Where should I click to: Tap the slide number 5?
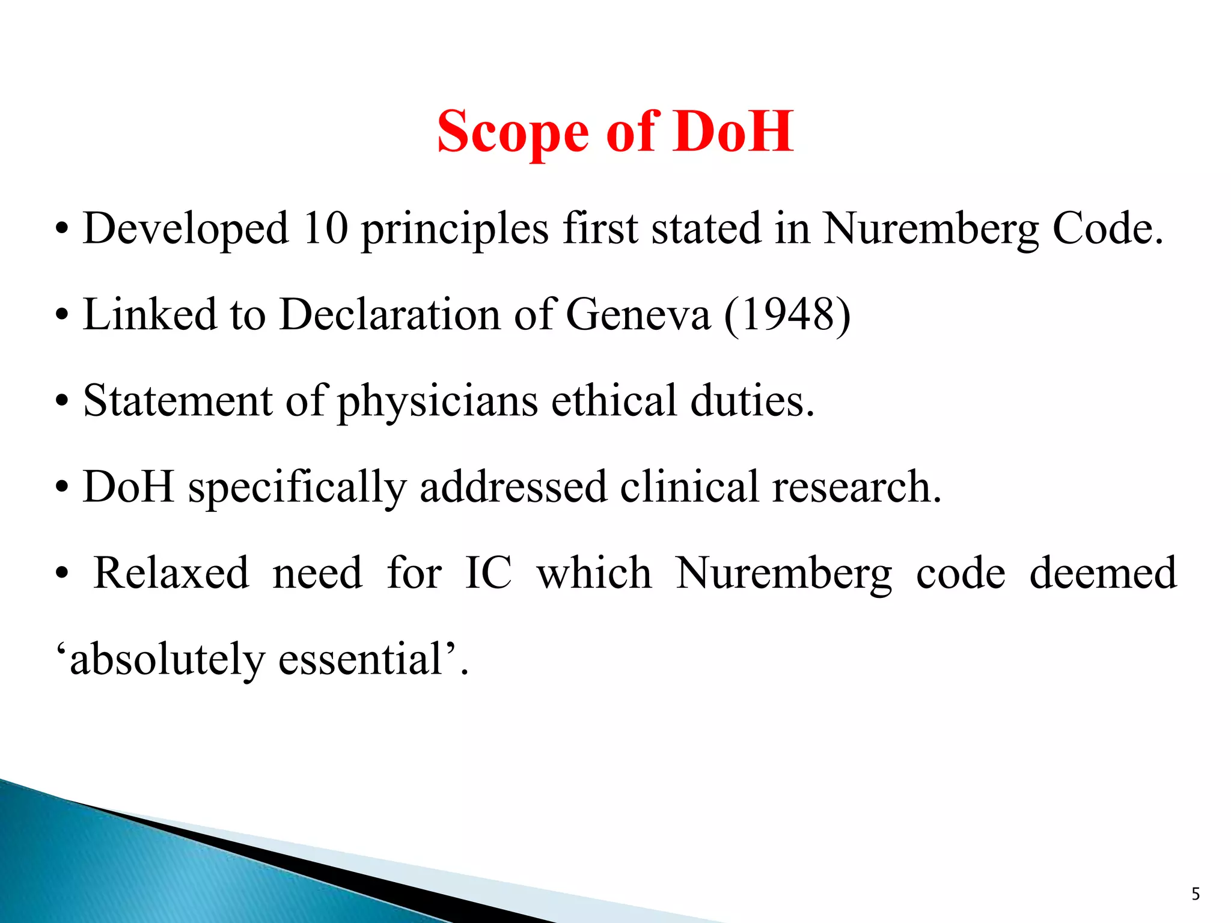tap(1196, 894)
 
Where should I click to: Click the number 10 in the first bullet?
tap(325, 229)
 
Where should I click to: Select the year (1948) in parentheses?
tap(787, 315)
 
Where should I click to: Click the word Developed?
tap(186, 230)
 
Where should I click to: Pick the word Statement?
tap(178, 401)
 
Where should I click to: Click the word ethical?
tap(614, 401)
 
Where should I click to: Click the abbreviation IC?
tap(488, 573)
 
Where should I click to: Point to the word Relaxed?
tap(171, 573)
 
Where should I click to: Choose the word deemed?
tap(1103, 573)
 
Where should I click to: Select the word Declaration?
tap(390, 315)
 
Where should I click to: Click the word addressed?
tap(513, 487)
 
